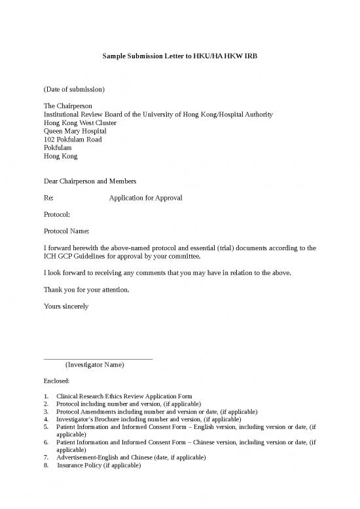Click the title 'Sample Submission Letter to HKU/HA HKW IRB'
tap(180, 57)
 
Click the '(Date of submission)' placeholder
tap(74, 88)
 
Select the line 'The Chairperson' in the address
tap(68, 105)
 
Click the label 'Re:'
tap(48, 198)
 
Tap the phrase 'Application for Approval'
tap(145, 198)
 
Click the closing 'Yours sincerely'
tap(65, 306)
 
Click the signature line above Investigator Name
tap(98, 358)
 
